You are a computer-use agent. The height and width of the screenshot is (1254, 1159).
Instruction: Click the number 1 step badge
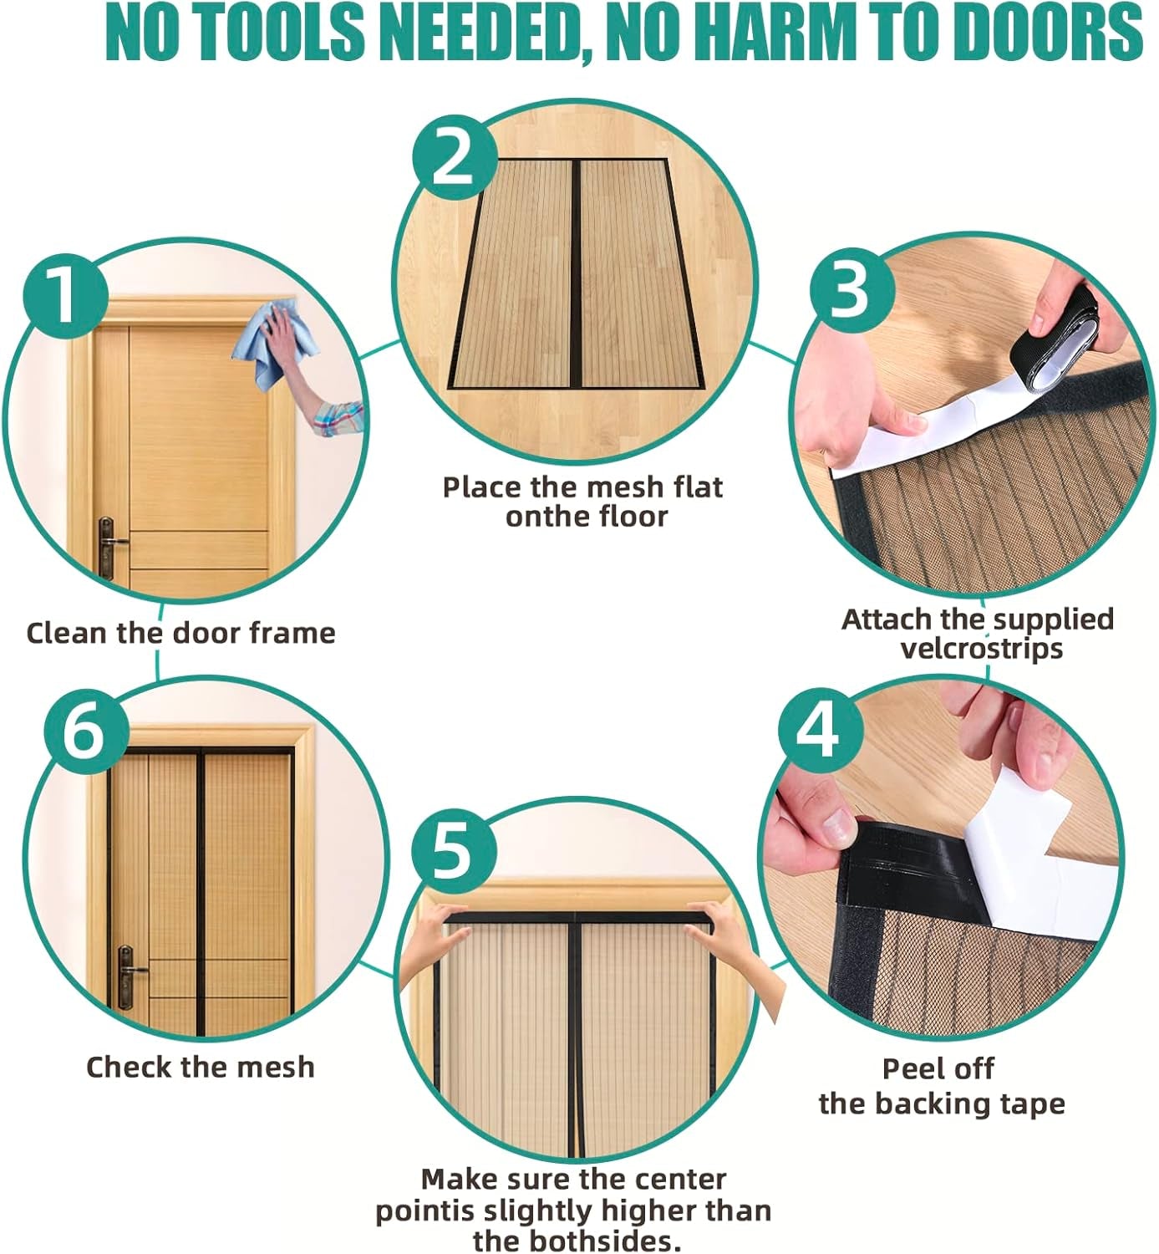[64, 296]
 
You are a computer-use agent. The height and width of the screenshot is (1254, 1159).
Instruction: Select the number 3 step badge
[852, 290]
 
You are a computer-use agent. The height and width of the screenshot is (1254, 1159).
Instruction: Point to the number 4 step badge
[820, 731]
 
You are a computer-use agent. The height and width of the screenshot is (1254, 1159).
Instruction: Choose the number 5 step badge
[453, 853]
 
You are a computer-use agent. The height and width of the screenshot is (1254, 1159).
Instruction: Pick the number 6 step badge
[86, 731]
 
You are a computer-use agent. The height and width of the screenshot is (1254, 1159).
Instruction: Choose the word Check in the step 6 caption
[129, 1067]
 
